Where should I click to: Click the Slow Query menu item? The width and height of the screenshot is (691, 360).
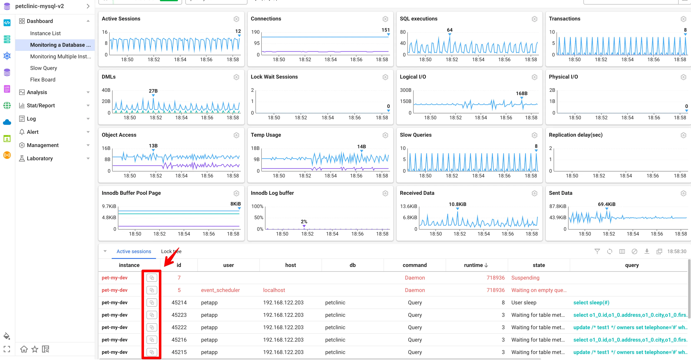43,68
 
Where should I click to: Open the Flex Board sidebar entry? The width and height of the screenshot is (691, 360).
43,80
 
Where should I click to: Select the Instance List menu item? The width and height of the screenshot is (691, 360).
45,33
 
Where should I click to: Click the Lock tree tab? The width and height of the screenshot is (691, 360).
171,251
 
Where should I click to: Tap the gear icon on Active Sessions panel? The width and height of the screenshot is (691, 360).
236,19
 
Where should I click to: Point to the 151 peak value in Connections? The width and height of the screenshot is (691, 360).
385,30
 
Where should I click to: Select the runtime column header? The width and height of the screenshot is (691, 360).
476,265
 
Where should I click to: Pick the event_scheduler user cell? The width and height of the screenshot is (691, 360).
220,290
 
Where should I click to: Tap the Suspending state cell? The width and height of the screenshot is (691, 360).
525,278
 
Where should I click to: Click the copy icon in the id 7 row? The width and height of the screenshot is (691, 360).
152,278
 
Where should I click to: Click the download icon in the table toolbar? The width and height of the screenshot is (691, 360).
647,251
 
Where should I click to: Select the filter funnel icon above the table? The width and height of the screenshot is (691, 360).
597,251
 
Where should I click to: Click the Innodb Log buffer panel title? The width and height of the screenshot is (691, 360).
272,193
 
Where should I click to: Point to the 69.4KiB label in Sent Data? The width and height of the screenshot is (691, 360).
607,204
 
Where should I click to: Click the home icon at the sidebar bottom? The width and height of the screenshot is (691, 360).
24,349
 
